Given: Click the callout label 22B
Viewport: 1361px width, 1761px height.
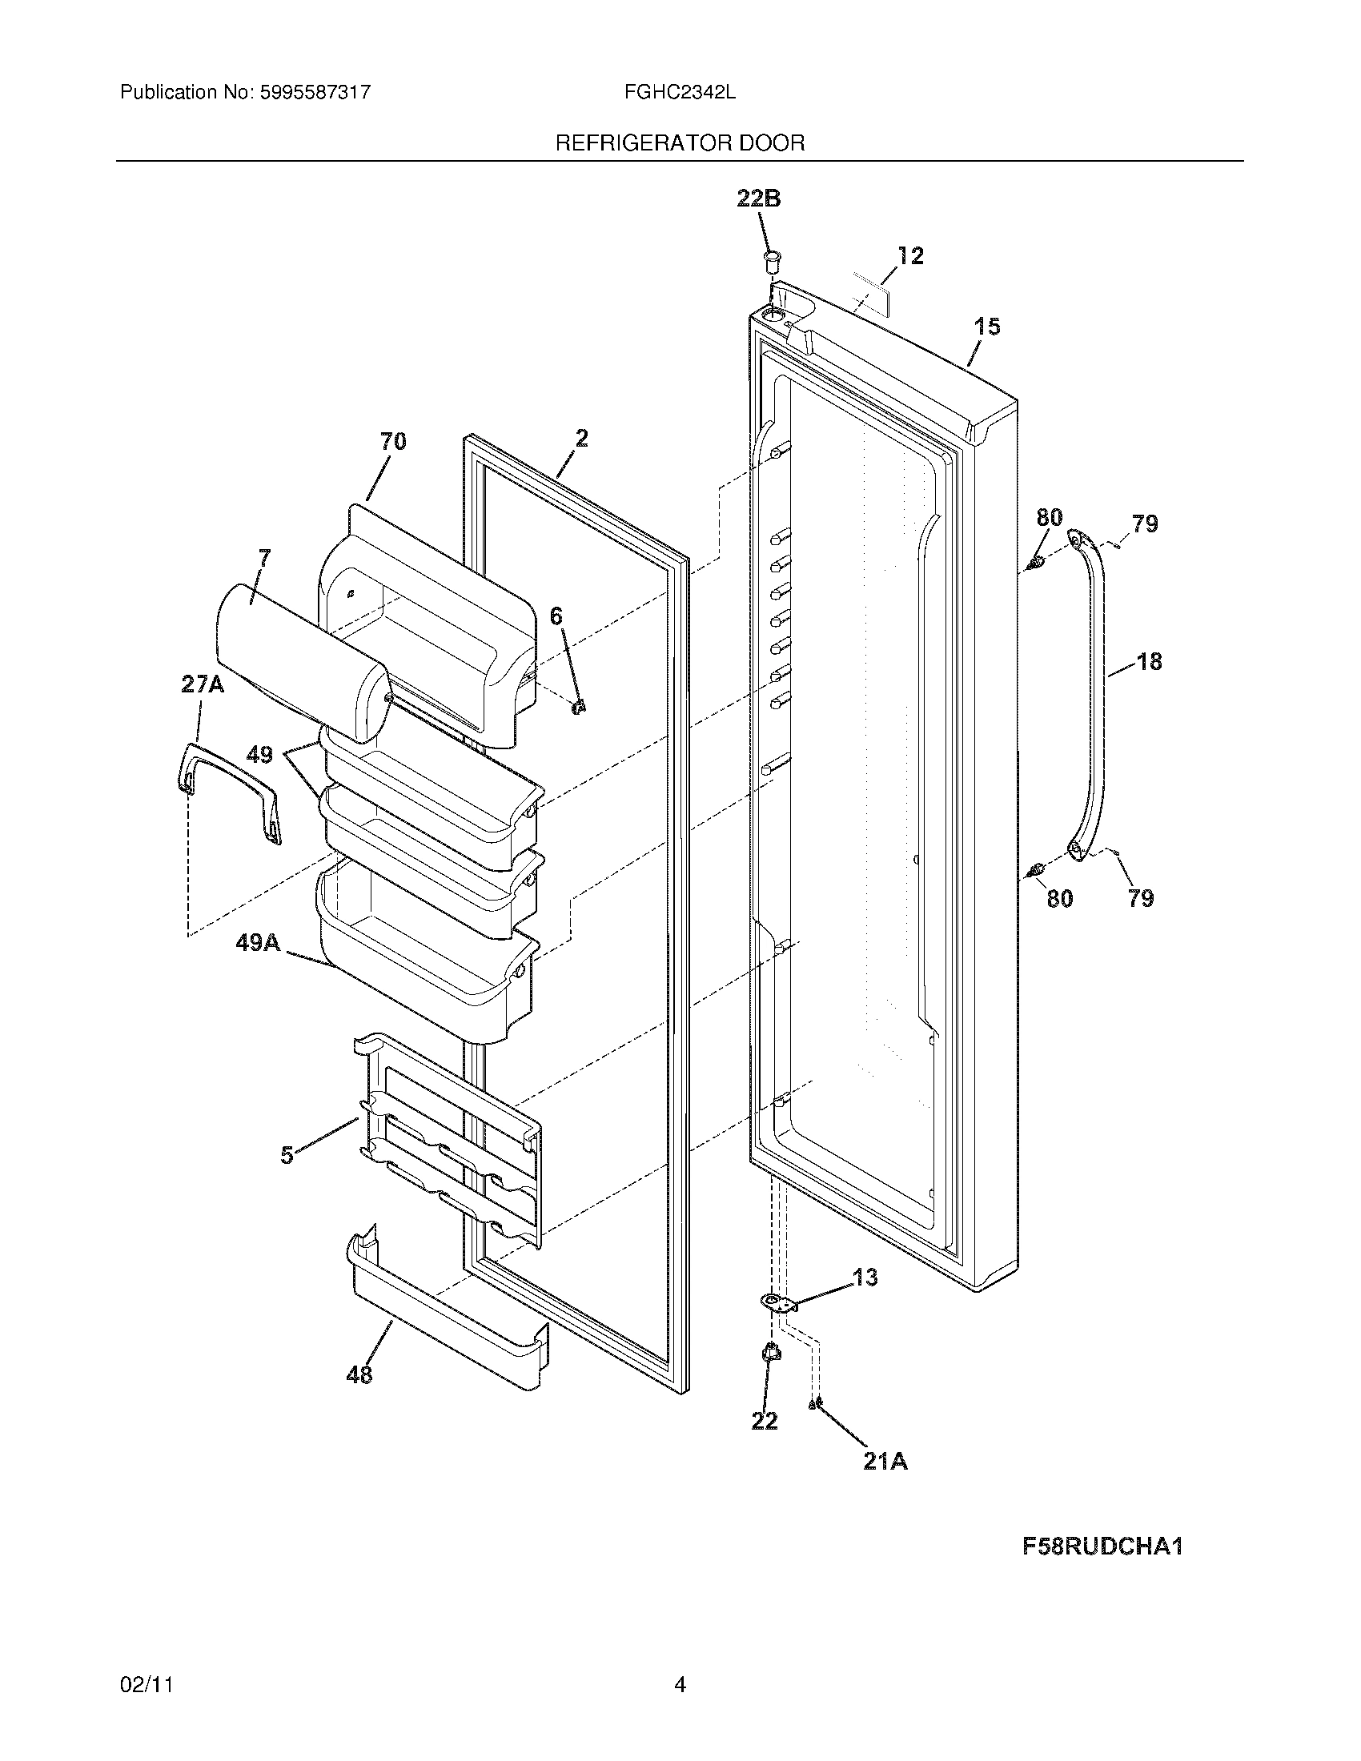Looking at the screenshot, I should pos(759,199).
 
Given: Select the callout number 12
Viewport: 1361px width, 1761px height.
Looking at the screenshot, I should pos(910,255).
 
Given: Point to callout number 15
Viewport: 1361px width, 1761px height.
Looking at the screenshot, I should pos(987,327).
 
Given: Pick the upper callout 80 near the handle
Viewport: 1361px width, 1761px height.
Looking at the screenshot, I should pos(1049,517).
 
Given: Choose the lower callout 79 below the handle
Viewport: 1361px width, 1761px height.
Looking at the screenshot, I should pos(1141,898).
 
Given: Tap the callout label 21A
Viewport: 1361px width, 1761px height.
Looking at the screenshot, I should pos(885,1462).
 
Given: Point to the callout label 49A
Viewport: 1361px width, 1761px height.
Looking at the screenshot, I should pos(258,942).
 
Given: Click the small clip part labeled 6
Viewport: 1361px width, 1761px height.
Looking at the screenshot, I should pos(579,707).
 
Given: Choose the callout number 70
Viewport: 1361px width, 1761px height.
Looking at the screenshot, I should pos(392,441).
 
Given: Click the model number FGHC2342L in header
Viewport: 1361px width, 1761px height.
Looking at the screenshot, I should pos(679,92).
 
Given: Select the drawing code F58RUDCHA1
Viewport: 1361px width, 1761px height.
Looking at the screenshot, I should pos(1102,1546).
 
